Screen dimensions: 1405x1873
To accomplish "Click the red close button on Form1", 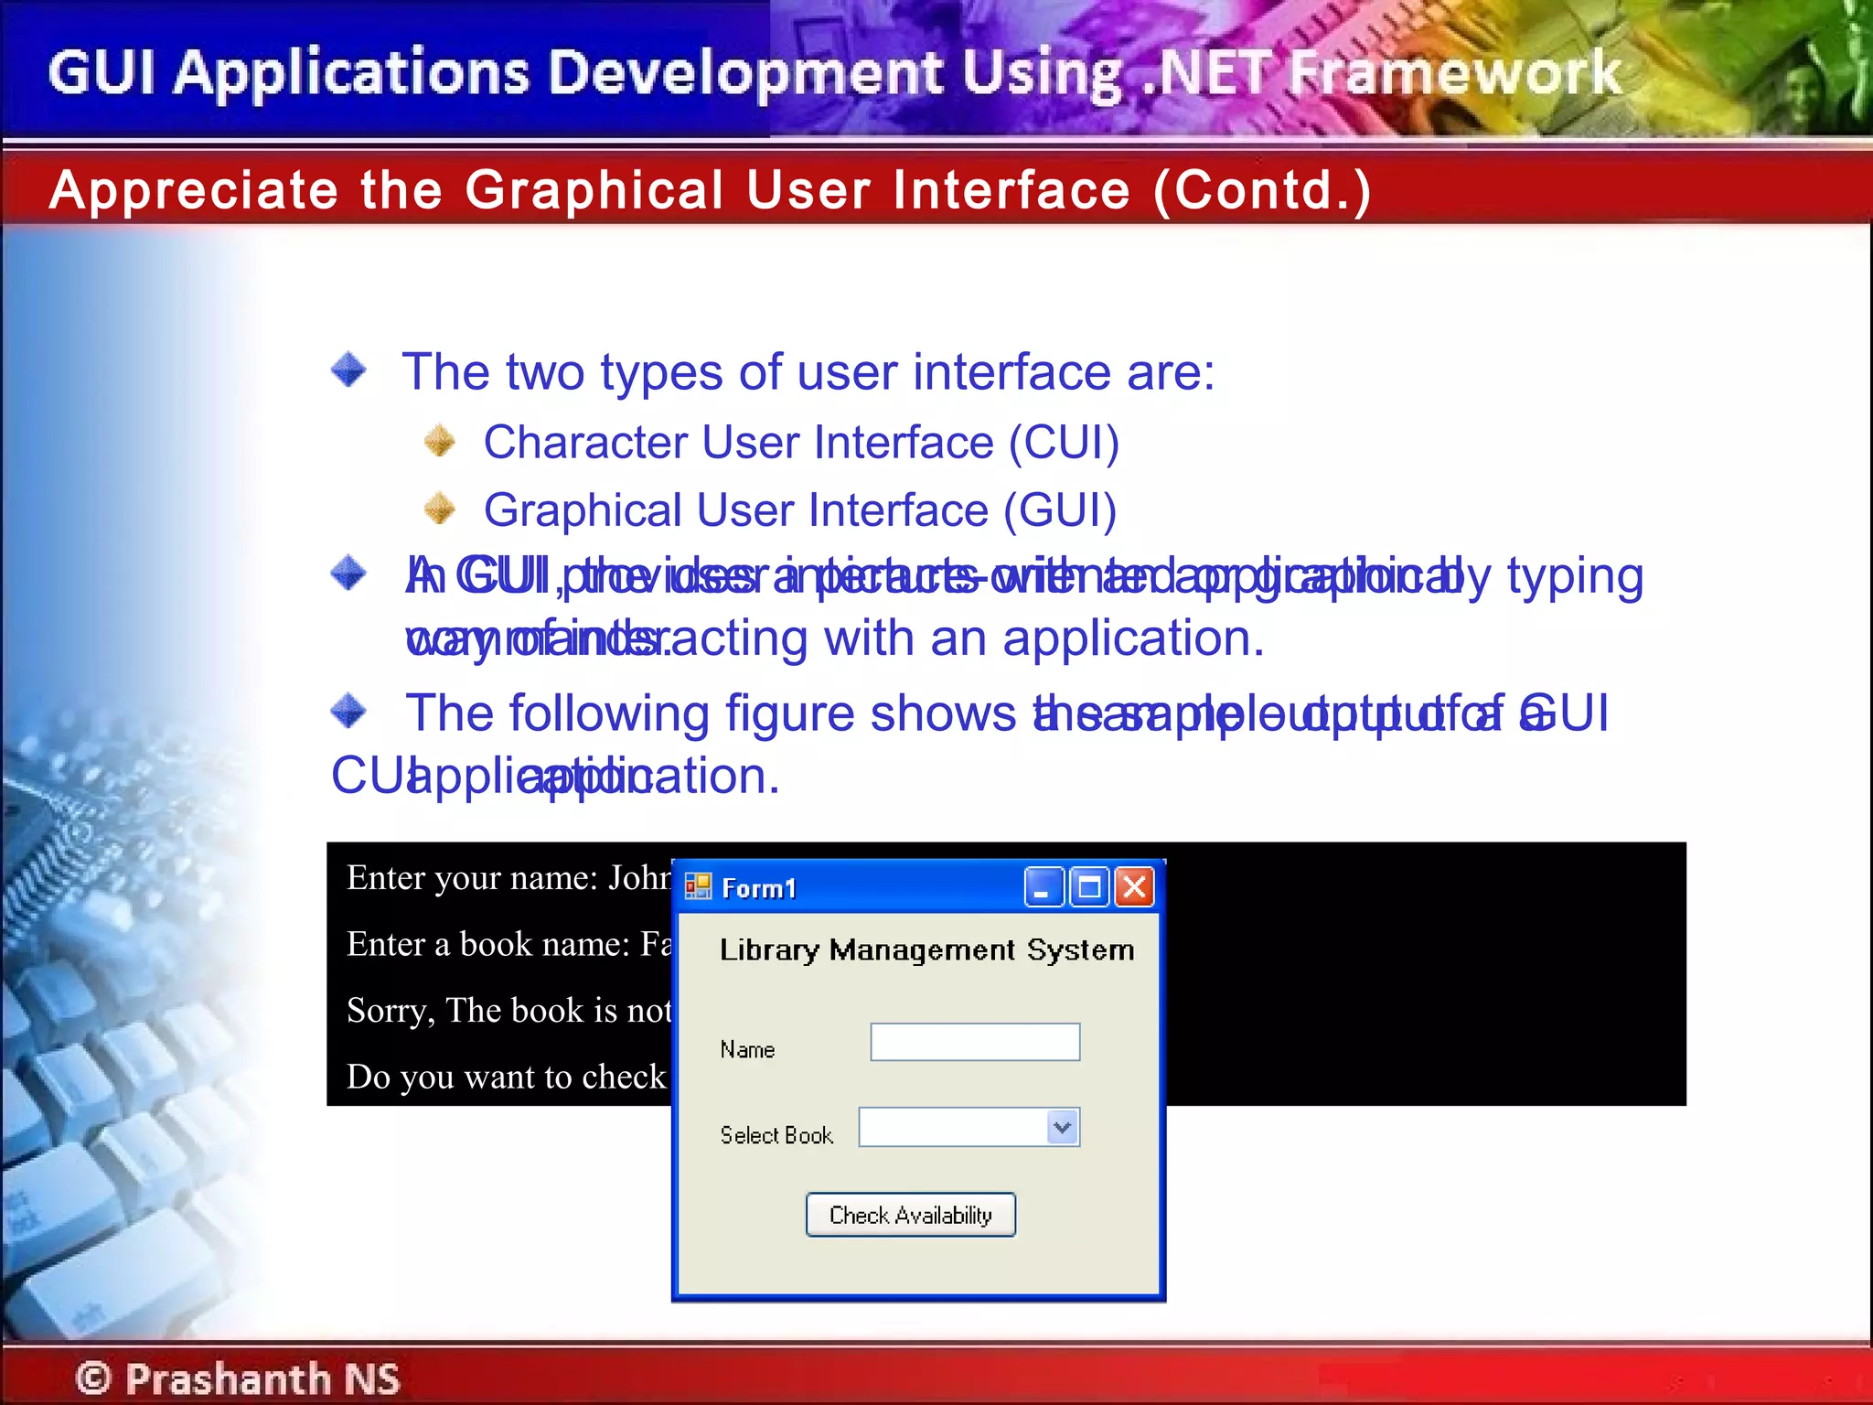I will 1134,887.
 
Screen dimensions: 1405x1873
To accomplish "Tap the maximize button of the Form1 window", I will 1089,887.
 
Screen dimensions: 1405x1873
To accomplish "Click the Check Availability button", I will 910,1215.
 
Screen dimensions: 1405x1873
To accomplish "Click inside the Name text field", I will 975,1042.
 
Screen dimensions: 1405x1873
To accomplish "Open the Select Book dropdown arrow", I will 1062,1127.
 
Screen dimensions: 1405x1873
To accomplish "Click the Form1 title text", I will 758,888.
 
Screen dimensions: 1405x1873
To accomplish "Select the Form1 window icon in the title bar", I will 698,886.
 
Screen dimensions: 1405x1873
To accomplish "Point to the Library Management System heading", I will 926,950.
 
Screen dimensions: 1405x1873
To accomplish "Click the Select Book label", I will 776,1135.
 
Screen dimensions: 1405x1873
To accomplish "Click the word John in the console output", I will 639,878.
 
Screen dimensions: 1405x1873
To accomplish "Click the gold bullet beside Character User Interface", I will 440,441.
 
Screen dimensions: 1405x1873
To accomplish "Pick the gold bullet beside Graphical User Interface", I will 440,509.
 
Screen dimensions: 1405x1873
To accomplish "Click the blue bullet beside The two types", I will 348,370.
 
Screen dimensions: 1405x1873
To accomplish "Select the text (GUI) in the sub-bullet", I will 1060,510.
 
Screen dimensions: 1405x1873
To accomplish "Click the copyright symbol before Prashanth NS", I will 93,1378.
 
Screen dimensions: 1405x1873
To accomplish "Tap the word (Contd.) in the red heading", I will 1262,190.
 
